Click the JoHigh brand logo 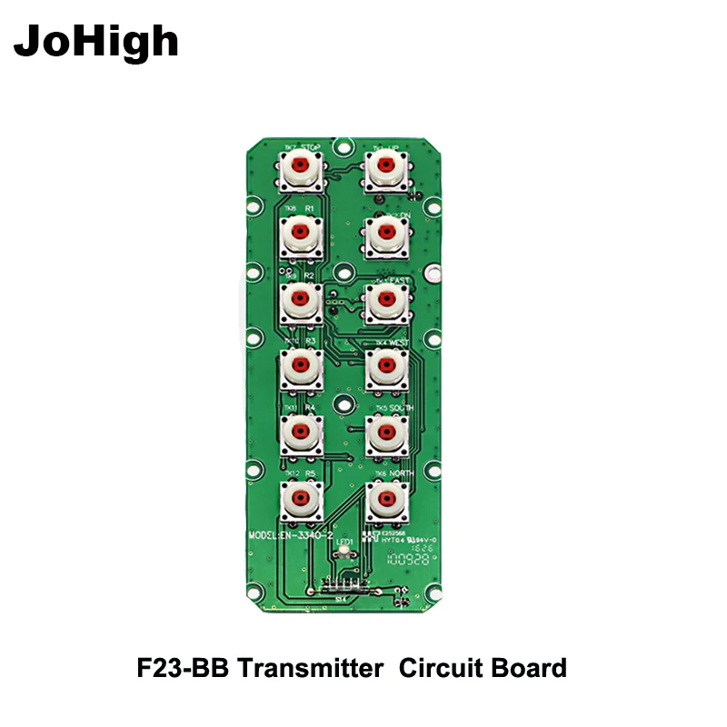[97, 41]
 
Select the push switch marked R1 [300, 234]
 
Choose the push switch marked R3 [300, 367]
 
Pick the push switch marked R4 [300, 433]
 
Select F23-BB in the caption [178, 669]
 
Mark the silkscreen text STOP [311, 146]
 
